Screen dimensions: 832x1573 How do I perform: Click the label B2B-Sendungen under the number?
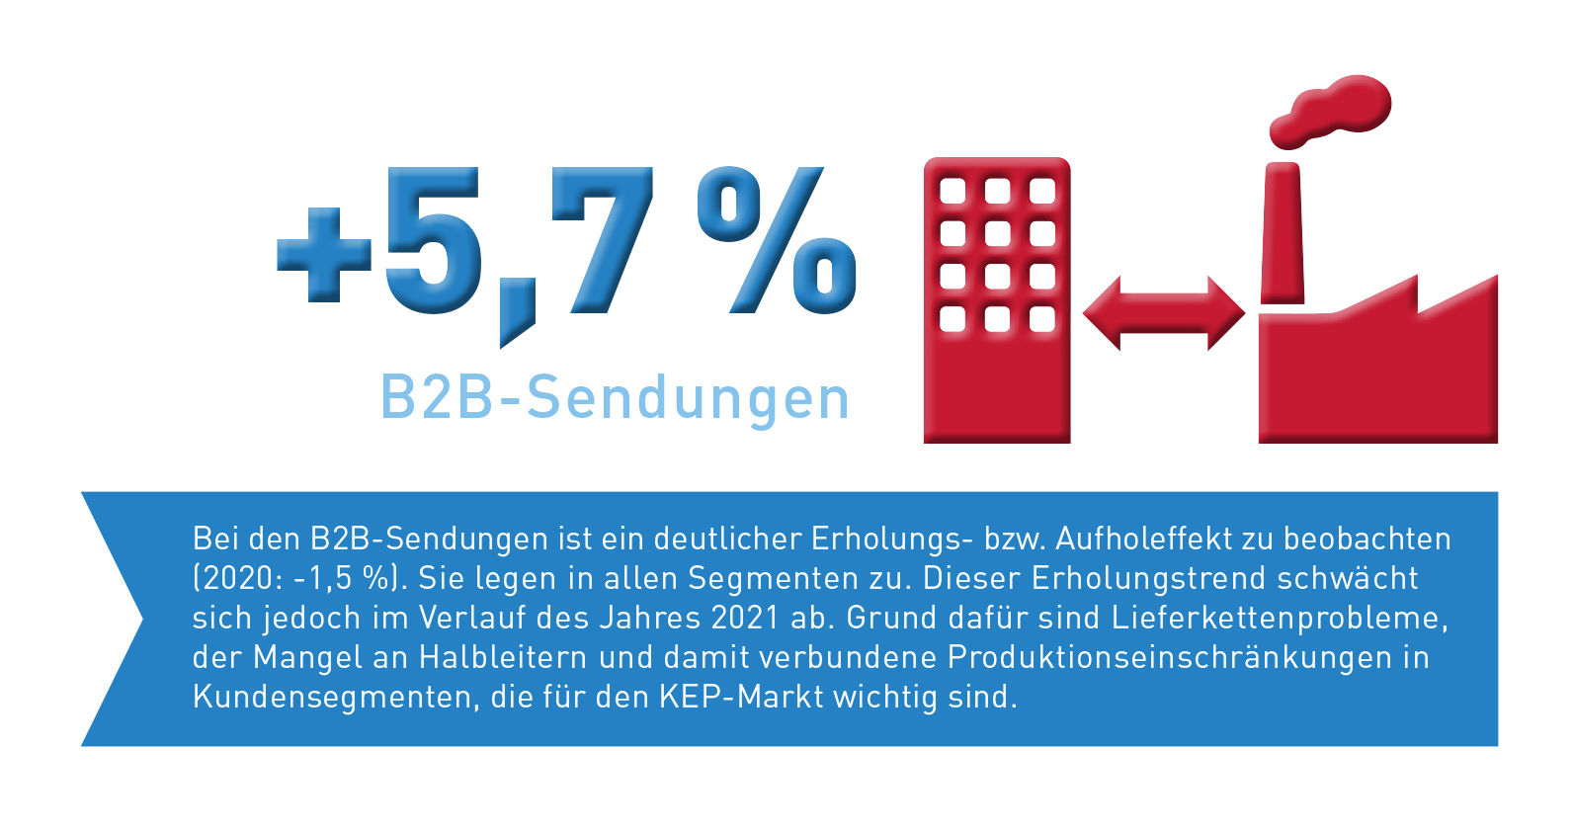[x=615, y=398]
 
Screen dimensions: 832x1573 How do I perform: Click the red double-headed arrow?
[x=1164, y=313]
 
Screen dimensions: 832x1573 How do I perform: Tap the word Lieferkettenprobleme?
[x=1279, y=618]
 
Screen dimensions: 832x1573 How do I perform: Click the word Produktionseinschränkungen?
[x=1170, y=657]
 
